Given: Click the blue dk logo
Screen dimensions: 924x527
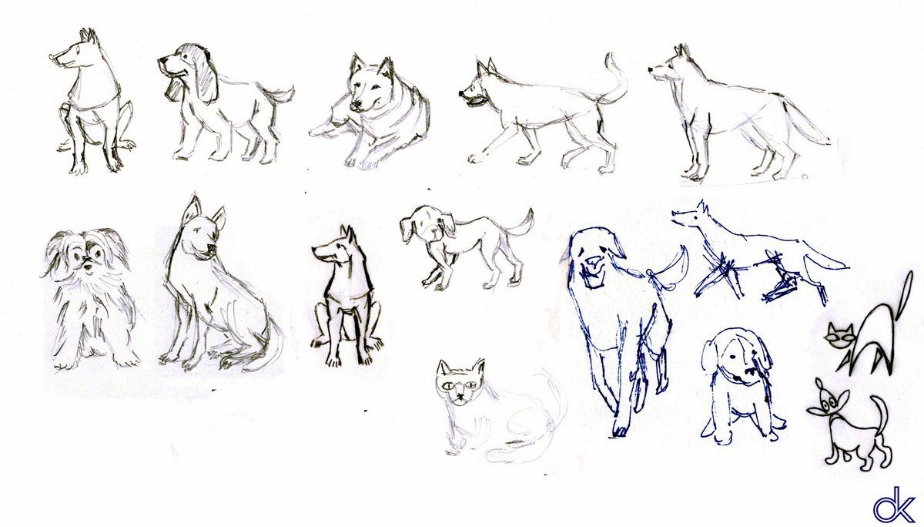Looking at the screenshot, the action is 893,505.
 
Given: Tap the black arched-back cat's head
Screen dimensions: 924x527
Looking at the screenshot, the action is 840,337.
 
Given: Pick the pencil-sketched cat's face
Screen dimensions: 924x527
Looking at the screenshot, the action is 459,383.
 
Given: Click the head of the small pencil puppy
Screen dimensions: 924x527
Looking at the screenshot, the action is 427,226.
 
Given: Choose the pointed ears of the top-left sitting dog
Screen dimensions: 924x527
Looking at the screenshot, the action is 90,36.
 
